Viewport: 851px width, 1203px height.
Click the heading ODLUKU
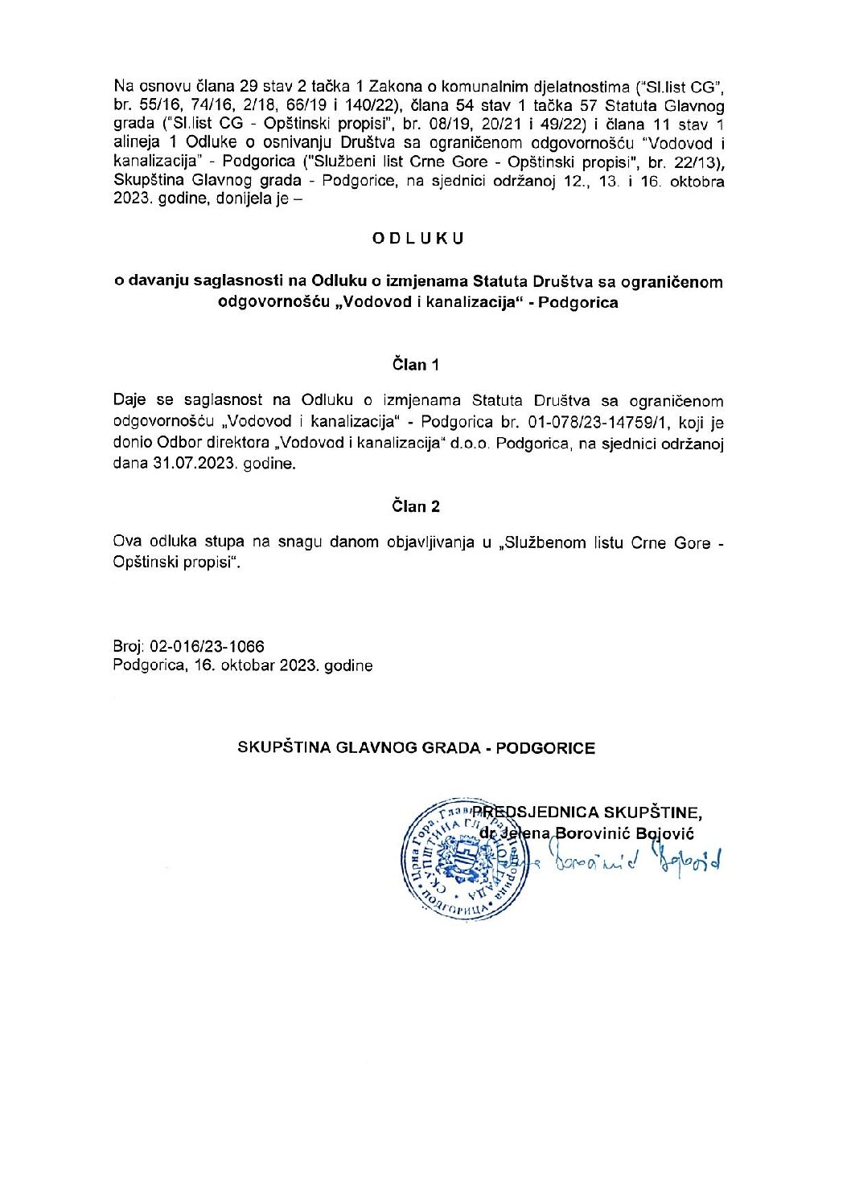point(418,239)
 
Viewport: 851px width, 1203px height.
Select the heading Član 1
point(416,365)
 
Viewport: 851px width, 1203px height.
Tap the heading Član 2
point(416,506)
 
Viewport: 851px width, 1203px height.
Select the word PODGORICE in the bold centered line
point(545,747)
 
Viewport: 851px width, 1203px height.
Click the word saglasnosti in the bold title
point(244,282)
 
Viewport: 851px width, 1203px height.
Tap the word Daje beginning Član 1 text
point(129,400)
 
